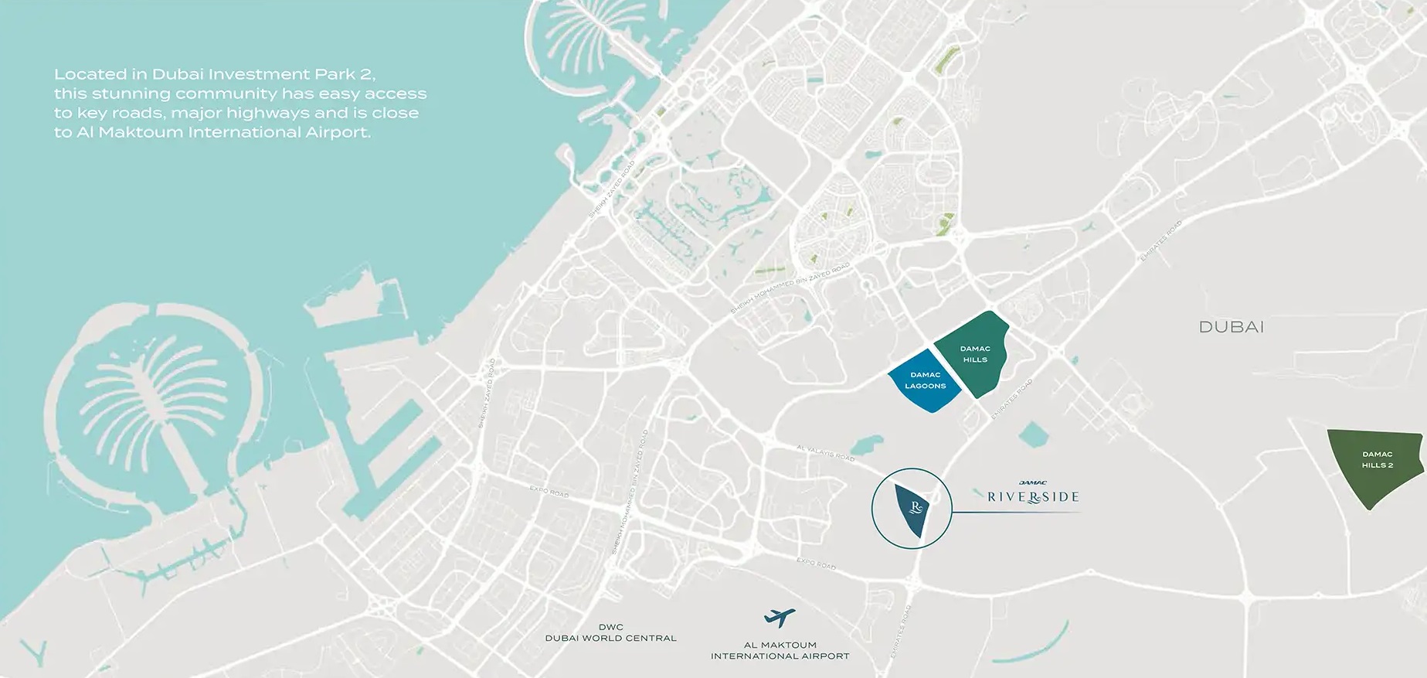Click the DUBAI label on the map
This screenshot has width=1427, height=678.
click(x=1231, y=327)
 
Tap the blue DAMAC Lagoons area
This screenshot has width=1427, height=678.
click(x=924, y=380)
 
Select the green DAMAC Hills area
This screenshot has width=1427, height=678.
click(x=974, y=354)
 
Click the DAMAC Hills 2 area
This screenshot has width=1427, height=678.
click(x=1376, y=464)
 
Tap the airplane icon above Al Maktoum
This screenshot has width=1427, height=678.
click(x=779, y=618)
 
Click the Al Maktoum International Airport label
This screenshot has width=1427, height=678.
click(x=780, y=650)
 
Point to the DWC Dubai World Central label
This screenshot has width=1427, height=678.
click(x=610, y=632)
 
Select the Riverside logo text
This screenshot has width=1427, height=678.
click(x=1033, y=496)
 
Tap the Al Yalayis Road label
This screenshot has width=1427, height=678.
click(x=825, y=452)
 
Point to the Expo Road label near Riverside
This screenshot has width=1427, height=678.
click(x=816, y=564)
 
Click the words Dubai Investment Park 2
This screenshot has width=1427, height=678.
click(x=263, y=75)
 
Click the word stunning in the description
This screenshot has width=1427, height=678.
click(x=129, y=94)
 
